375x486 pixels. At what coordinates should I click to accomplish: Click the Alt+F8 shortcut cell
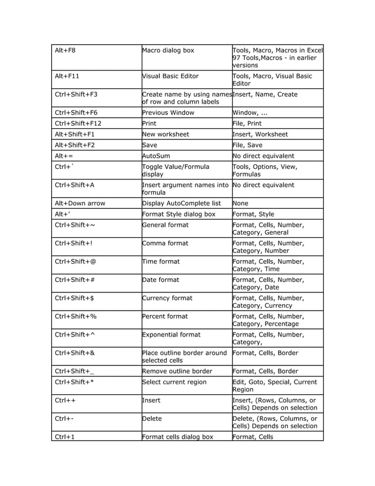click(65, 51)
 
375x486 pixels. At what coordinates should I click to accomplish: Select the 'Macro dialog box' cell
click(168, 51)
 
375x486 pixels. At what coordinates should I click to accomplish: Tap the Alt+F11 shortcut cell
click(66, 76)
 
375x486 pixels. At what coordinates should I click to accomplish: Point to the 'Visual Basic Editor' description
click(170, 76)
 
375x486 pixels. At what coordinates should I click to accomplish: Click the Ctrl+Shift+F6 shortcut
click(76, 112)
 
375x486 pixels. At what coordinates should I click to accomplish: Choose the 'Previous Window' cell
click(168, 112)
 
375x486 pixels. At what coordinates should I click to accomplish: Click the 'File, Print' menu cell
click(247, 124)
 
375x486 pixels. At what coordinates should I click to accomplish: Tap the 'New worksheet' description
click(166, 134)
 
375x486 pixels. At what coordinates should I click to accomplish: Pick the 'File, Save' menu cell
click(247, 145)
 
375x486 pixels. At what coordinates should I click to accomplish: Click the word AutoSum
click(159, 156)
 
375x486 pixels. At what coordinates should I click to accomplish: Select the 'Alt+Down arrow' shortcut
click(80, 203)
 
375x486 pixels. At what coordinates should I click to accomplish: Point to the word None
click(242, 203)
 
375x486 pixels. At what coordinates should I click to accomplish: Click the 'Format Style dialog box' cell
click(179, 214)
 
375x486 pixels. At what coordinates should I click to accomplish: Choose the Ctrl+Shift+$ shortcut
click(74, 298)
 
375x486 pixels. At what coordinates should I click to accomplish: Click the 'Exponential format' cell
click(171, 335)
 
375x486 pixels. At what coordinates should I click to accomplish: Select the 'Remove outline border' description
click(177, 371)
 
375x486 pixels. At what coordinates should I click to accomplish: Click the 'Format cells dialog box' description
click(178, 437)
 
